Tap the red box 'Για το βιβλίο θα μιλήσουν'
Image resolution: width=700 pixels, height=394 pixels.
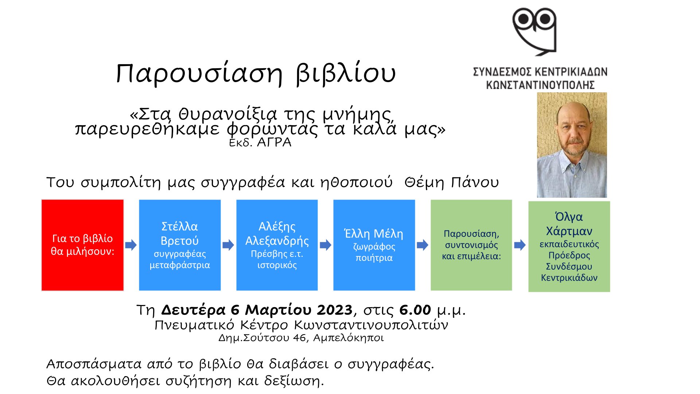click(x=82, y=245)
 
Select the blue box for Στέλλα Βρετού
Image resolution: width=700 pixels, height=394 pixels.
click(x=180, y=245)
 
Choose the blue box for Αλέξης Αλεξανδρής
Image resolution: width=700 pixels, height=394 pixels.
click(x=277, y=245)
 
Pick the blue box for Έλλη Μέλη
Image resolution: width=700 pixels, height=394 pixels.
click(x=374, y=245)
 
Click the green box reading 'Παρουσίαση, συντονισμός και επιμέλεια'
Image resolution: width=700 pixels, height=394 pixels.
click(x=471, y=245)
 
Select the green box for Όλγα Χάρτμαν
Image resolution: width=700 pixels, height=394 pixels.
click(x=569, y=246)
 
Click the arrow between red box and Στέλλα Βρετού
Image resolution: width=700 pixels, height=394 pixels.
click(x=131, y=245)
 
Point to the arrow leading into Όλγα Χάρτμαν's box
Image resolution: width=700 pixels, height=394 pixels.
click(x=520, y=245)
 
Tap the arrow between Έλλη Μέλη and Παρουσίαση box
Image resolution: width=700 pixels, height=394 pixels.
click(x=423, y=245)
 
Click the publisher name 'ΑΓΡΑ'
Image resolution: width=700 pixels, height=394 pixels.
click(x=274, y=142)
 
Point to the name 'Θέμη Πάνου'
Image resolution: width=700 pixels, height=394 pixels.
click(x=452, y=182)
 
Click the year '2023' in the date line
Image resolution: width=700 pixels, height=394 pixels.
click(x=335, y=310)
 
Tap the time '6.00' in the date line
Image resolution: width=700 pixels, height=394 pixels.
click(x=415, y=310)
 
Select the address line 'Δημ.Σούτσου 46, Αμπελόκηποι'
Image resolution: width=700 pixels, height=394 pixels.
click(x=301, y=338)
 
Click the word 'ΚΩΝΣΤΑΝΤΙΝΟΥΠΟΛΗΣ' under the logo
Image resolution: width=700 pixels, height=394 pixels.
click(x=540, y=85)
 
